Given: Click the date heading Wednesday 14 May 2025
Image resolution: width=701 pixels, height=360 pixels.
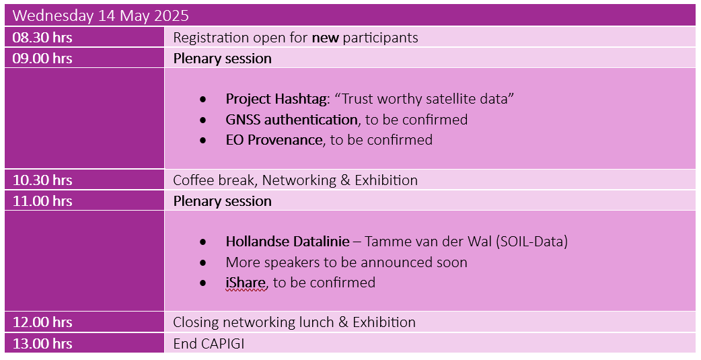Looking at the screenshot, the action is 101,15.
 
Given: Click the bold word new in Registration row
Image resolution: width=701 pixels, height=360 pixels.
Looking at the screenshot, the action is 326,38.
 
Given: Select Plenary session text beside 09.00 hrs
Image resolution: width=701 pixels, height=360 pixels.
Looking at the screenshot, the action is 222,59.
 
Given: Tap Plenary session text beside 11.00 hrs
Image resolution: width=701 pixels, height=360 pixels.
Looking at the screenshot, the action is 222,201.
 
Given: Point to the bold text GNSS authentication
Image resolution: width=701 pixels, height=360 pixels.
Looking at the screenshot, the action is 291,119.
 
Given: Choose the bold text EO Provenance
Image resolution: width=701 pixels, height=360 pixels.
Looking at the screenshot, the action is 274,140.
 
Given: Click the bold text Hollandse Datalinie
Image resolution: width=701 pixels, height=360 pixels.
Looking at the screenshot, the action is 287,242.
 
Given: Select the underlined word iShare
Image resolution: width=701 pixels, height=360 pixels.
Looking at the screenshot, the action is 246,283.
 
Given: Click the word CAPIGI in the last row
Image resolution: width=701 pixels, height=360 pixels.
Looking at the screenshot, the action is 223,343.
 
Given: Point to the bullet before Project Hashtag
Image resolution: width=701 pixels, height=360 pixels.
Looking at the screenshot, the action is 203,100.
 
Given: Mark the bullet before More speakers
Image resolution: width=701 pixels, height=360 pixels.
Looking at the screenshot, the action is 203,262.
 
